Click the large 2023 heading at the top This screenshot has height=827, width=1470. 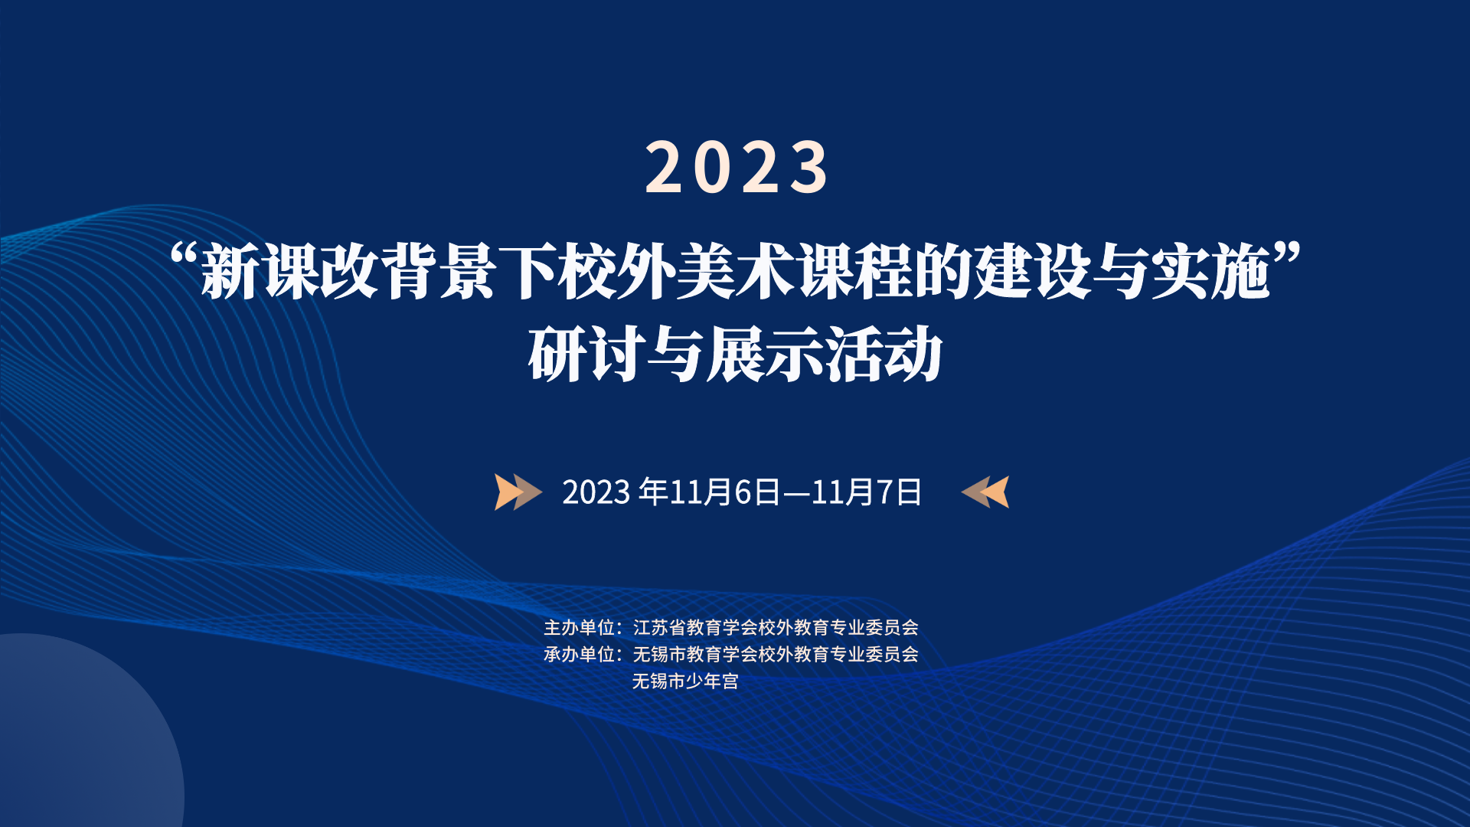737,167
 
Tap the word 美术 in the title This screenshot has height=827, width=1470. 736,272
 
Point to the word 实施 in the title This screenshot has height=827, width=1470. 1210,272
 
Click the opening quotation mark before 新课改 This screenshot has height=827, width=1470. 184,255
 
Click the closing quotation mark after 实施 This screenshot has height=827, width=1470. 1287,255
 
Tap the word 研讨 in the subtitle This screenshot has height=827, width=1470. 587,354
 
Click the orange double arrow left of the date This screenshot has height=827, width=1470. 518,492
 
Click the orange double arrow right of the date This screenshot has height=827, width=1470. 985,492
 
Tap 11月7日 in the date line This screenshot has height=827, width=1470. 867,492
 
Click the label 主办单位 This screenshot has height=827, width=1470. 579,628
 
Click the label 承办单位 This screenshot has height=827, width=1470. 579,655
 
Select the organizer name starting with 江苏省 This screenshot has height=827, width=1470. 776,628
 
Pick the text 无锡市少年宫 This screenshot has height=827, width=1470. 686,682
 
